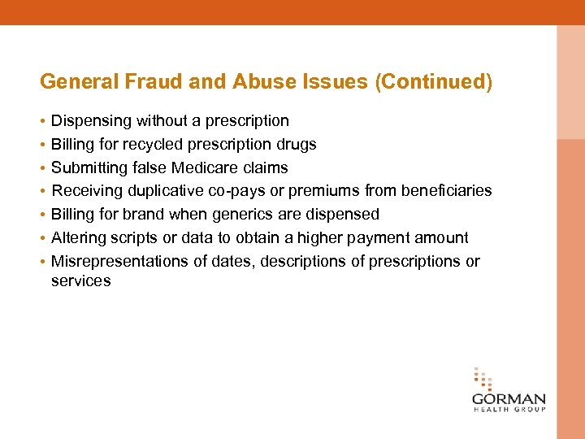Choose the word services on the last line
pos(80,281)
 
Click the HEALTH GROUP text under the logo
pos(509,410)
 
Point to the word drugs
pos(297,145)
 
